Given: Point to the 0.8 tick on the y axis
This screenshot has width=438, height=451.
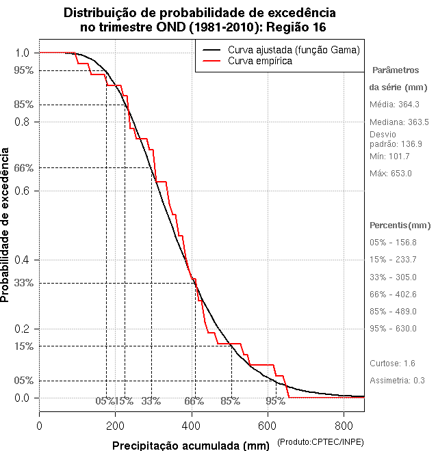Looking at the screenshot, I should click(23, 122).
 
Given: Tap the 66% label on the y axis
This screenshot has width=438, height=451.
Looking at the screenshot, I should click(23, 167).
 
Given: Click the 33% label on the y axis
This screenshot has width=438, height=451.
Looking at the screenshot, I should click(23, 283).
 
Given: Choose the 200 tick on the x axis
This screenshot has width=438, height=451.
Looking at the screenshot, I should click(116, 425).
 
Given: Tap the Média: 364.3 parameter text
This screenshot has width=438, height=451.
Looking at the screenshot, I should click(394, 105).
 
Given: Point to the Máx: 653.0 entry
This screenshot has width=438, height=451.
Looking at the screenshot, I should click(391, 174).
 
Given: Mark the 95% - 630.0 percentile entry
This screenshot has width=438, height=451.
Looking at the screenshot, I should click(393, 329).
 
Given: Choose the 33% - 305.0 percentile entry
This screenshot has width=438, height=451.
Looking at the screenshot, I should click(393, 277).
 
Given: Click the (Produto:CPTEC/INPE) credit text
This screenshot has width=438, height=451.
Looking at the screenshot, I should click(321, 443).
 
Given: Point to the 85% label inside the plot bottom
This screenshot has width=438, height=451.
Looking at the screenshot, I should click(230, 401).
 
